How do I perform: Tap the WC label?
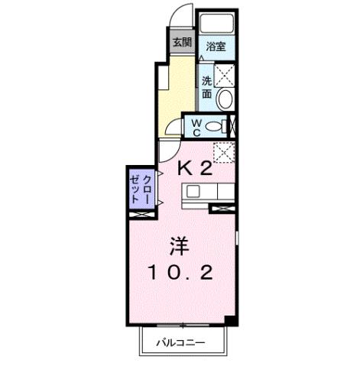coord(196,126)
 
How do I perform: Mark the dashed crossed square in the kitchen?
coord(222,152)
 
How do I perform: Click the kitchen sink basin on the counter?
coord(193,191)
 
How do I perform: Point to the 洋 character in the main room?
coord(178,247)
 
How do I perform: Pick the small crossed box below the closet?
coord(140,214)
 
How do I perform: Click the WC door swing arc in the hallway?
coord(173,126)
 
